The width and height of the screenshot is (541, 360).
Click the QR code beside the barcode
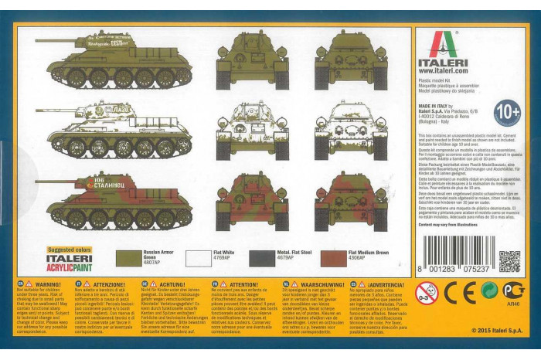coord(509,261)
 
